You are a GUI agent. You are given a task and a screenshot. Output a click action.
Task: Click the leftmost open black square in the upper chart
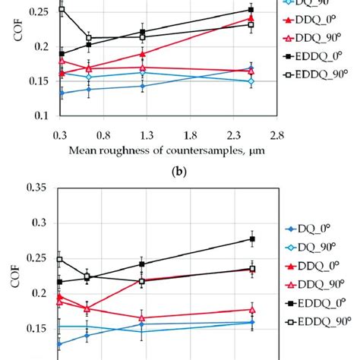tap(62, 10)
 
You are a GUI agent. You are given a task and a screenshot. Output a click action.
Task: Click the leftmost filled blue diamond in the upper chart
tap(62, 93)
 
